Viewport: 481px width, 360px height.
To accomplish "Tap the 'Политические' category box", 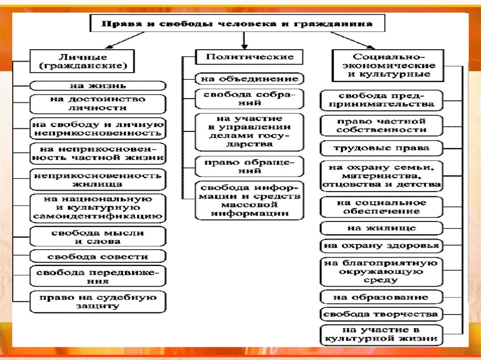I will click(249, 57).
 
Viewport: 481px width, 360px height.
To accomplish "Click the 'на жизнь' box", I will click(98, 86).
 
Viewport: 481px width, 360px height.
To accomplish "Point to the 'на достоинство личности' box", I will click(98, 104).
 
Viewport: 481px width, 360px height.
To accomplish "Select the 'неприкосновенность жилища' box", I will click(98, 180).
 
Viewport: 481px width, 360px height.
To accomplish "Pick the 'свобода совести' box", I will click(98, 256).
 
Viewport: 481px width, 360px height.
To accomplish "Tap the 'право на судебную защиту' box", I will click(98, 302).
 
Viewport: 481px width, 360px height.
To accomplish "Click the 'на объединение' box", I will click(249, 79).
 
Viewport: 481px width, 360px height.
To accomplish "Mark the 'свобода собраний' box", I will click(249, 99).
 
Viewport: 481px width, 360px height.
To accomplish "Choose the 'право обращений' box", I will click(249, 167).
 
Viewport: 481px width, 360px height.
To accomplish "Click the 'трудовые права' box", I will click(381, 148).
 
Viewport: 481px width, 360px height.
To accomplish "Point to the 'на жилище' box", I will click(381, 228).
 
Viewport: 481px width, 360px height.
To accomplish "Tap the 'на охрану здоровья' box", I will click(381, 245).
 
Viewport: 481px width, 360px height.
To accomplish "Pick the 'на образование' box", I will click(381, 297).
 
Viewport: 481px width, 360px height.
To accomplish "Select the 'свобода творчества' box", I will click(381, 314).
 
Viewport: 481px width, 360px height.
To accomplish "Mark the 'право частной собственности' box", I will click(381, 125).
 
